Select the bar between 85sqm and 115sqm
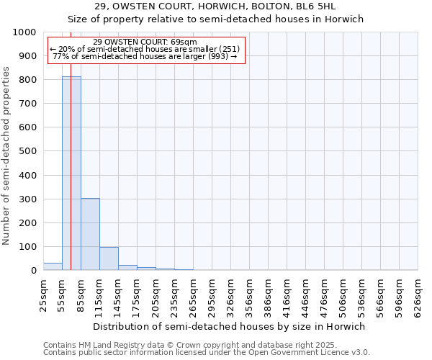[x=90, y=234]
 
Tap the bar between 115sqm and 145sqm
[x=109, y=258]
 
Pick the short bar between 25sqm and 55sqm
[x=53, y=266]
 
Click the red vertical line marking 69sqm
[x=71, y=144]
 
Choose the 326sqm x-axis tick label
[x=231, y=295]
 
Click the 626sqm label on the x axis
[x=418, y=295]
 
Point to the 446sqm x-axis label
[x=306, y=295]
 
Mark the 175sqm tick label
[x=137, y=295]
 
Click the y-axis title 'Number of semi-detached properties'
[x=6, y=156]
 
